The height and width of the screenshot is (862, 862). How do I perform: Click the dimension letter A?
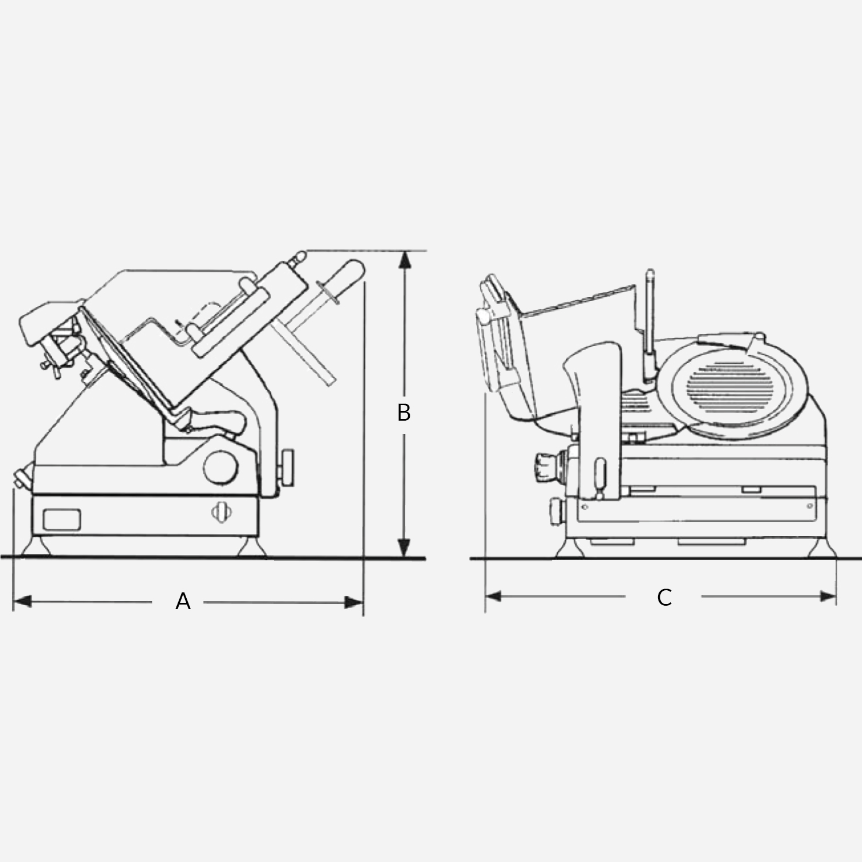coord(183,602)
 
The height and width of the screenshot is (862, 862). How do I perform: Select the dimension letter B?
coord(404,413)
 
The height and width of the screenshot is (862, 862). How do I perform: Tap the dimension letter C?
coord(664,598)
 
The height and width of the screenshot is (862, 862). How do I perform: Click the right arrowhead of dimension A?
coord(354,602)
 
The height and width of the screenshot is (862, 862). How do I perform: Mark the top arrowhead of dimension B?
coord(405,260)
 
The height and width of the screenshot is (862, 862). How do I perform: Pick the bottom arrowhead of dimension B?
coord(405,548)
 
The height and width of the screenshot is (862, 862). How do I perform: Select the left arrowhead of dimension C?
coord(494,597)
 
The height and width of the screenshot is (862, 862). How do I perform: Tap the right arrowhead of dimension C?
coord(828,597)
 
